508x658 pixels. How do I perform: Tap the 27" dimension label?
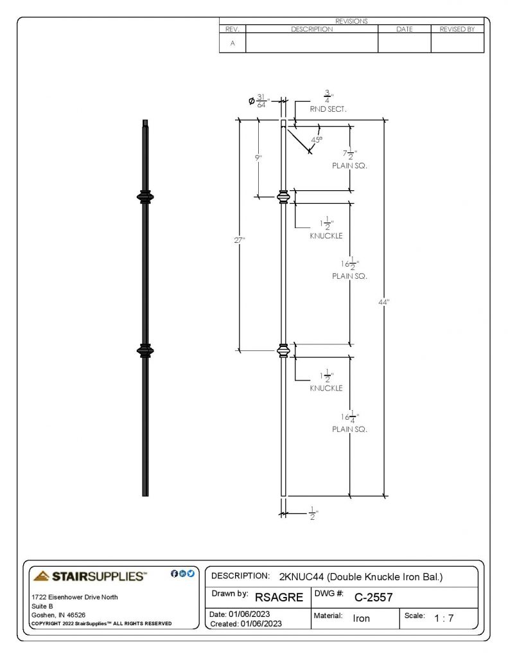[x=240, y=240]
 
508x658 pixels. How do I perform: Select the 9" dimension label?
[x=258, y=158]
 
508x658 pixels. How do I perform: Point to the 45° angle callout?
[x=317, y=139]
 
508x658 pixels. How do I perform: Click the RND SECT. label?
[x=328, y=109]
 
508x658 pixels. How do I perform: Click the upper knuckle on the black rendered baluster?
[x=145, y=197]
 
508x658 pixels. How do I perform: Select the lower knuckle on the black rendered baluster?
[x=145, y=350]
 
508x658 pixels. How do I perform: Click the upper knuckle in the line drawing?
[x=284, y=197]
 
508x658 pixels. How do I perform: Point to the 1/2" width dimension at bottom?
[x=313, y=513]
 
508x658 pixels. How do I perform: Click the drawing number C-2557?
[x=373, y=597]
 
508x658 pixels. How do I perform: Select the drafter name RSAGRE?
[x=279, y=597]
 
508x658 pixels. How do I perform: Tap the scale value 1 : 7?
[x=444, y=618]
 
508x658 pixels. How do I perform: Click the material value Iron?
[x=361, y=619]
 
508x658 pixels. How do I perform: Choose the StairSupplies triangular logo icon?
[x=41, y=576]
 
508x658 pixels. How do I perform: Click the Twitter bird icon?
[x=191, y=574]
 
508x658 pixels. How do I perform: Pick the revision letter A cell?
[x=232, y=43]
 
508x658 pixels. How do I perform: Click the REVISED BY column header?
[x=457, y=29]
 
